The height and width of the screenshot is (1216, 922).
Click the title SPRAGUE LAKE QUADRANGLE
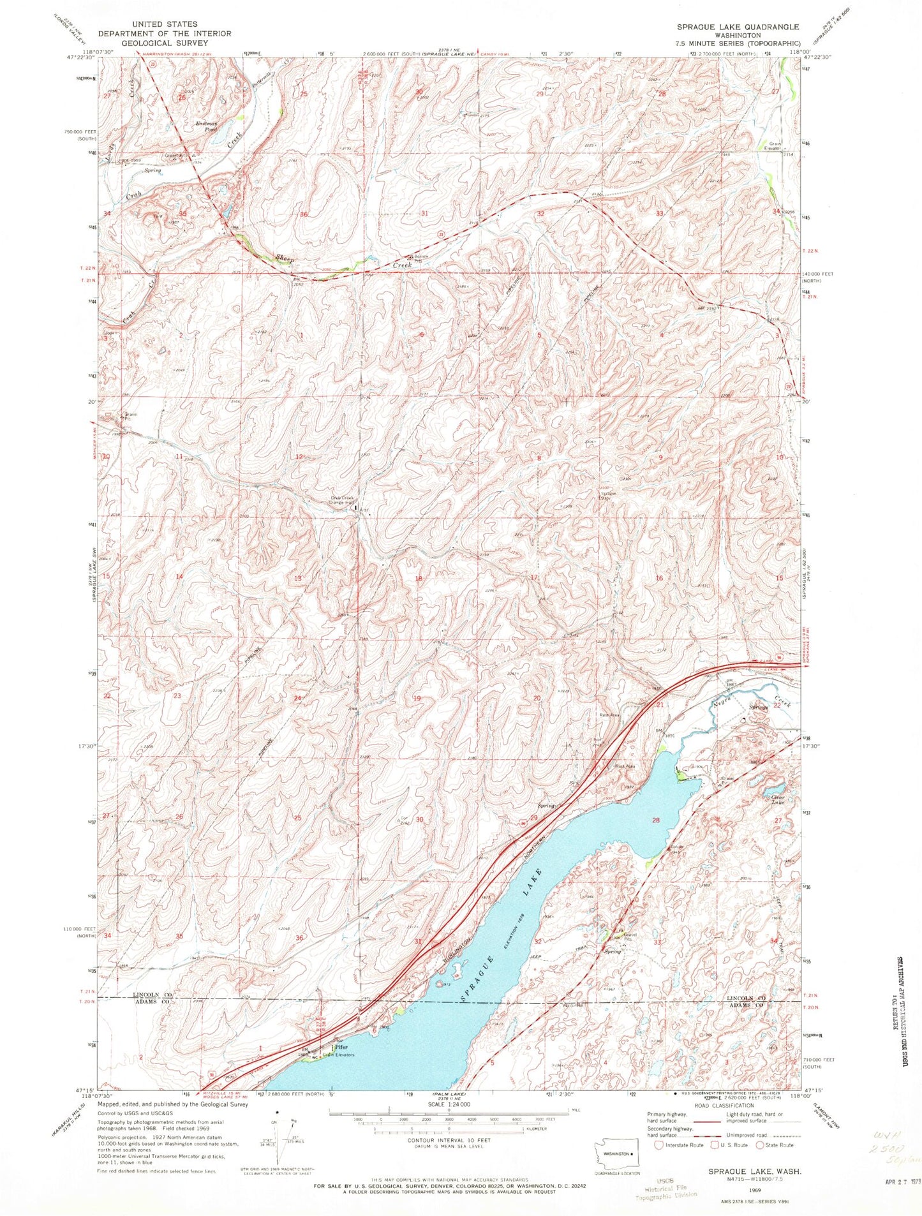(739, 27)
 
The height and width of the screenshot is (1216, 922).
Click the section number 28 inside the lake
(655, 820)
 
